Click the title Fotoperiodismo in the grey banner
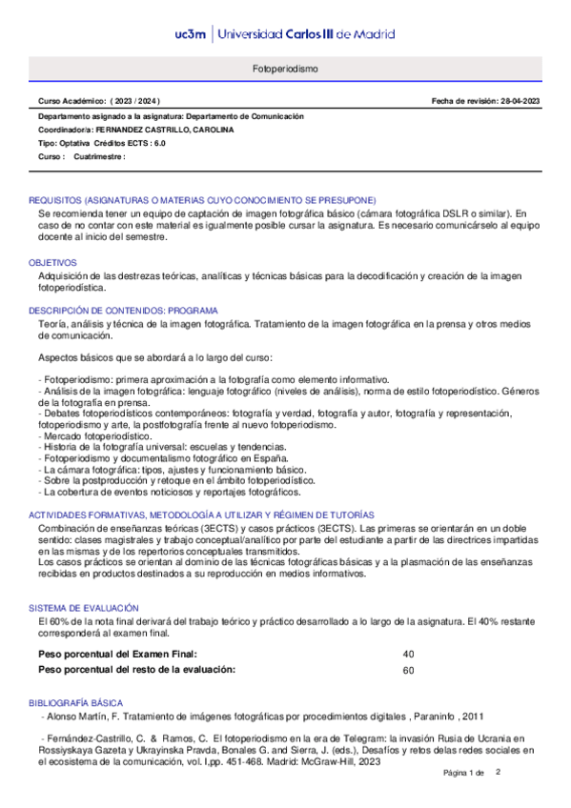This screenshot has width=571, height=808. click(285, 71)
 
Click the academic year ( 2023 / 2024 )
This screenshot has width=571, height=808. click(135, 101)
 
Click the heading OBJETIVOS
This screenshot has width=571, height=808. click(52, 261)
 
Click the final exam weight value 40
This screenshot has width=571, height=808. click(409, 655)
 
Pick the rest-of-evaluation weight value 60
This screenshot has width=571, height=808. click(409, 671)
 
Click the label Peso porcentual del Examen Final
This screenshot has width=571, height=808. click(117, 655)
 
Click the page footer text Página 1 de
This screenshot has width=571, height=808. click(464, 798)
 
